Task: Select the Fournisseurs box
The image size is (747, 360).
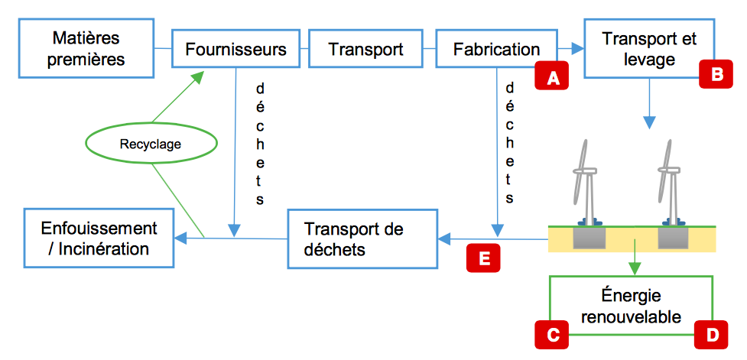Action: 235,50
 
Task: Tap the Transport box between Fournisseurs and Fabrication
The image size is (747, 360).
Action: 365,50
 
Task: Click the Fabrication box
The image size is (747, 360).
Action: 496,50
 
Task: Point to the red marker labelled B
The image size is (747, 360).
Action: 716,74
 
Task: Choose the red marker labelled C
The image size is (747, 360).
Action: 551,334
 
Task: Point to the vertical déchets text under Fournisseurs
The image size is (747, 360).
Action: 260,144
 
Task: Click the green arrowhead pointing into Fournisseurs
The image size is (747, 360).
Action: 198,76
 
